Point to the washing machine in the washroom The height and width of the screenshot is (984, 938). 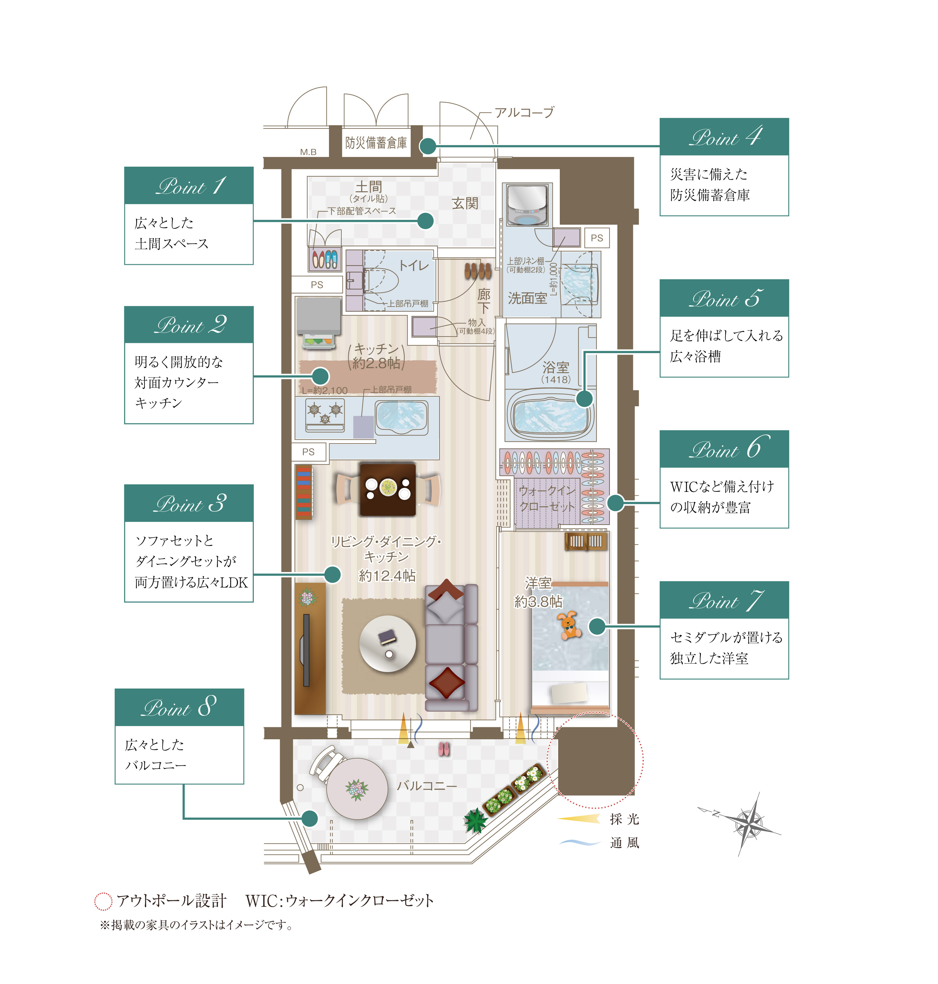point(527,205)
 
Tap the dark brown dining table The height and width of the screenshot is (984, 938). point(388,489)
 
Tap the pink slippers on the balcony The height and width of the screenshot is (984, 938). point(444,749)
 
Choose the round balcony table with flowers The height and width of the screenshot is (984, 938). point(357,789)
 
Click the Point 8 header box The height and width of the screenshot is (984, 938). point(179,707)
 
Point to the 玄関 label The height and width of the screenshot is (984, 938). point(465,203)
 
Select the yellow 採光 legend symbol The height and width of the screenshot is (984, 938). point(579,819)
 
